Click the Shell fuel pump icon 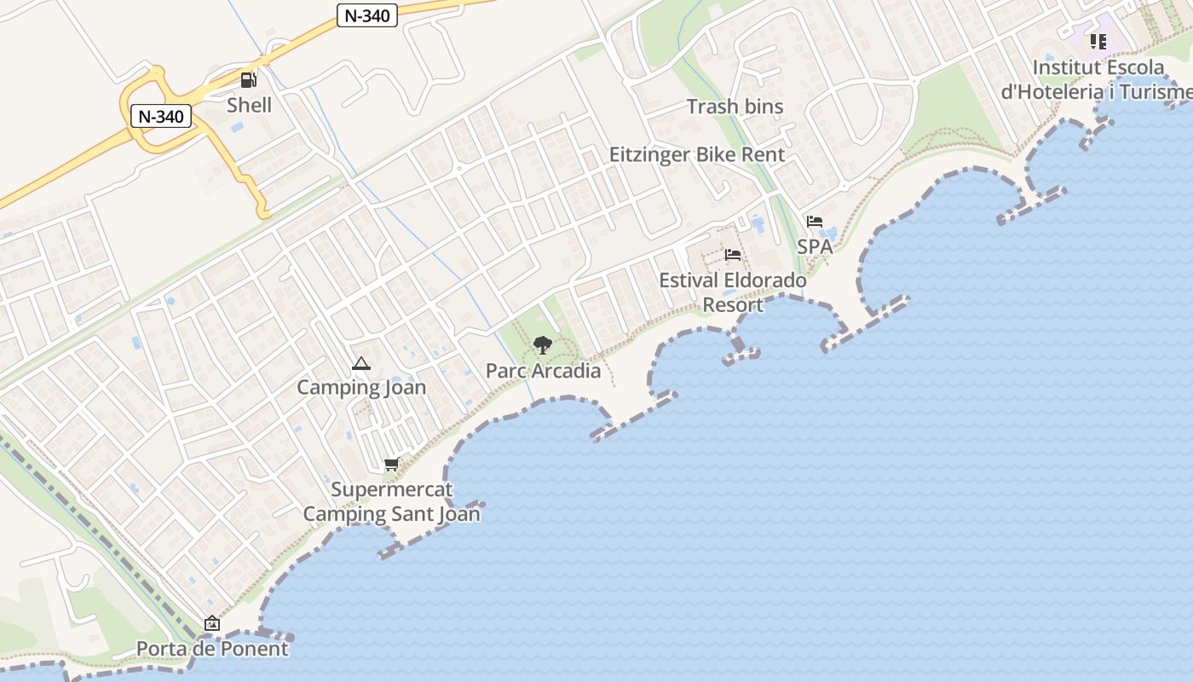249,80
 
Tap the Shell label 249,105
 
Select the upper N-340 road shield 367,15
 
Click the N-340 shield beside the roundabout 161,116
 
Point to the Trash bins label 735,107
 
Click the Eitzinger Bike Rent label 696,154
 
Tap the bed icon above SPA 815,222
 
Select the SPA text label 814,246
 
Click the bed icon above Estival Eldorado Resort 733,255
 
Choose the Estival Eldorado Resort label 733,292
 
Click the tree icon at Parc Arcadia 542,345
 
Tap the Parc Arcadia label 543,371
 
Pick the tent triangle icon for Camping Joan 361,364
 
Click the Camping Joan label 361,387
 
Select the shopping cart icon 391,465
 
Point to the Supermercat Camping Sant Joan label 391,502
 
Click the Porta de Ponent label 212,649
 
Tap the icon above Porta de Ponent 212,624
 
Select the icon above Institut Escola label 1098,41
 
